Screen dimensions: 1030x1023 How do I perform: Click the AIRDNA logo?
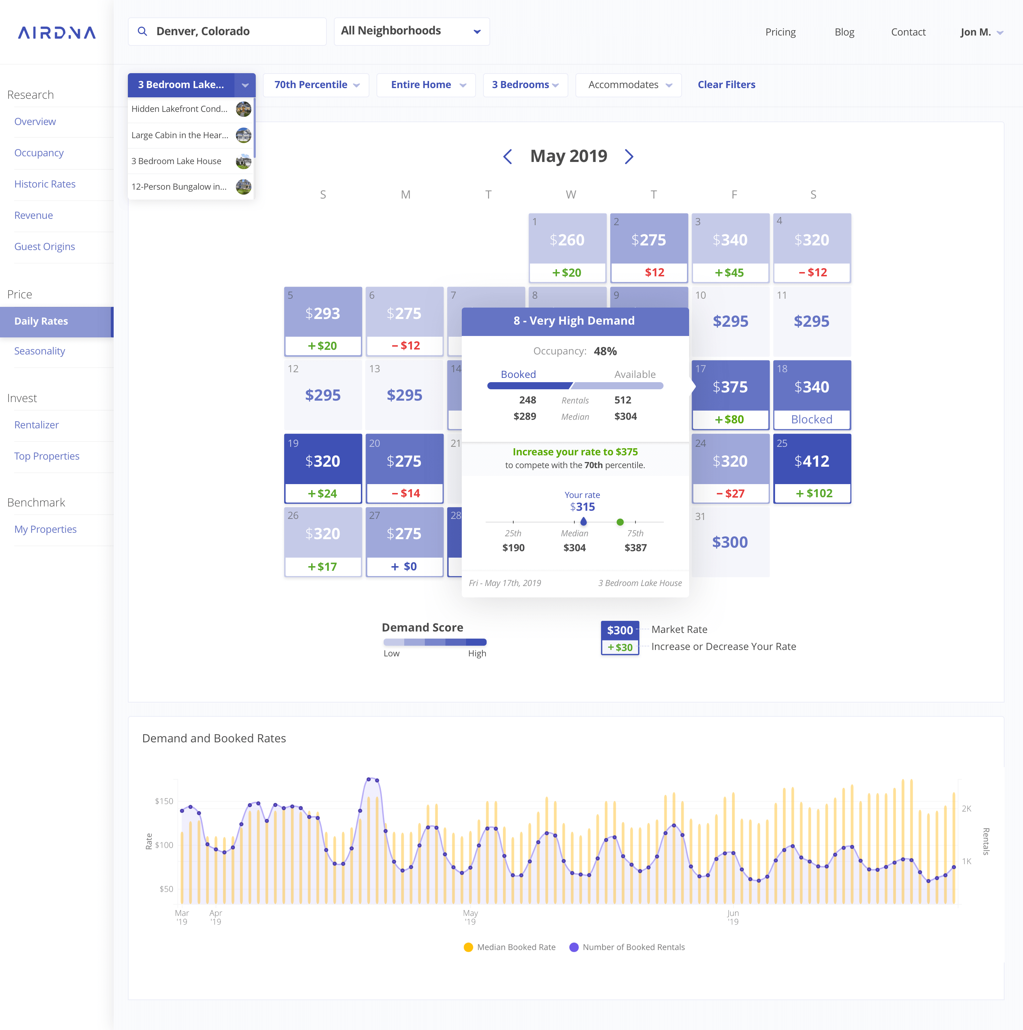56,33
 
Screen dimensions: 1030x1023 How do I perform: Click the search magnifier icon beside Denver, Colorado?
142,32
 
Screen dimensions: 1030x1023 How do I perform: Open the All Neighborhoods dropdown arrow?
477,32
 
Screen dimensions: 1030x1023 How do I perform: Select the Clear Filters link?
726,85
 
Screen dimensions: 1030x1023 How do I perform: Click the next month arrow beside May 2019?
629,156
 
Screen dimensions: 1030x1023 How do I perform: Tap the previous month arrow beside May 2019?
508,156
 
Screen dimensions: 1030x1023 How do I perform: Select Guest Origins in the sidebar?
44,246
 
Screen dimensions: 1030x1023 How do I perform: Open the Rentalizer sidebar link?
36,425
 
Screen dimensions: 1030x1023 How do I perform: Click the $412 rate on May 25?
811,461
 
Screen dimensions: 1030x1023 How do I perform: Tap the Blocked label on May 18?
811,419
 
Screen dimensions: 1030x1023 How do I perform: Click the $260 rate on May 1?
567,240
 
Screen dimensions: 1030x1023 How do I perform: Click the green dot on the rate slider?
620,522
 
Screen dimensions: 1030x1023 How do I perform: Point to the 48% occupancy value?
605,351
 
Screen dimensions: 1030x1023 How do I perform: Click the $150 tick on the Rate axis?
164,801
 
